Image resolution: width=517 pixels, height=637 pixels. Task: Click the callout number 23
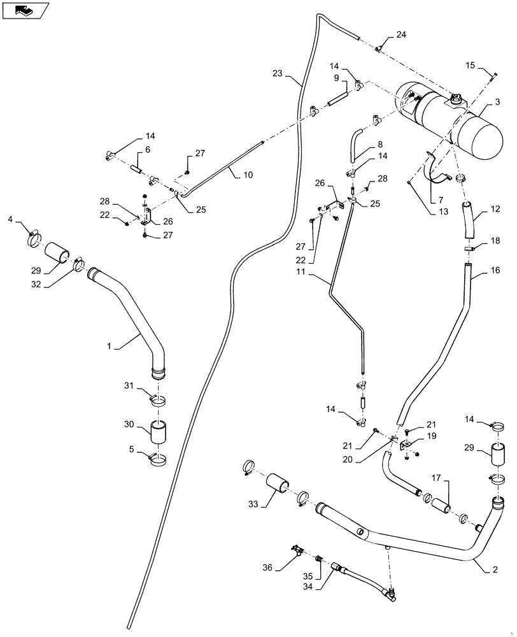[x=277, y=73]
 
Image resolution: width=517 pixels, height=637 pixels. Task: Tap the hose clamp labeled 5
[x=159, y=459]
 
